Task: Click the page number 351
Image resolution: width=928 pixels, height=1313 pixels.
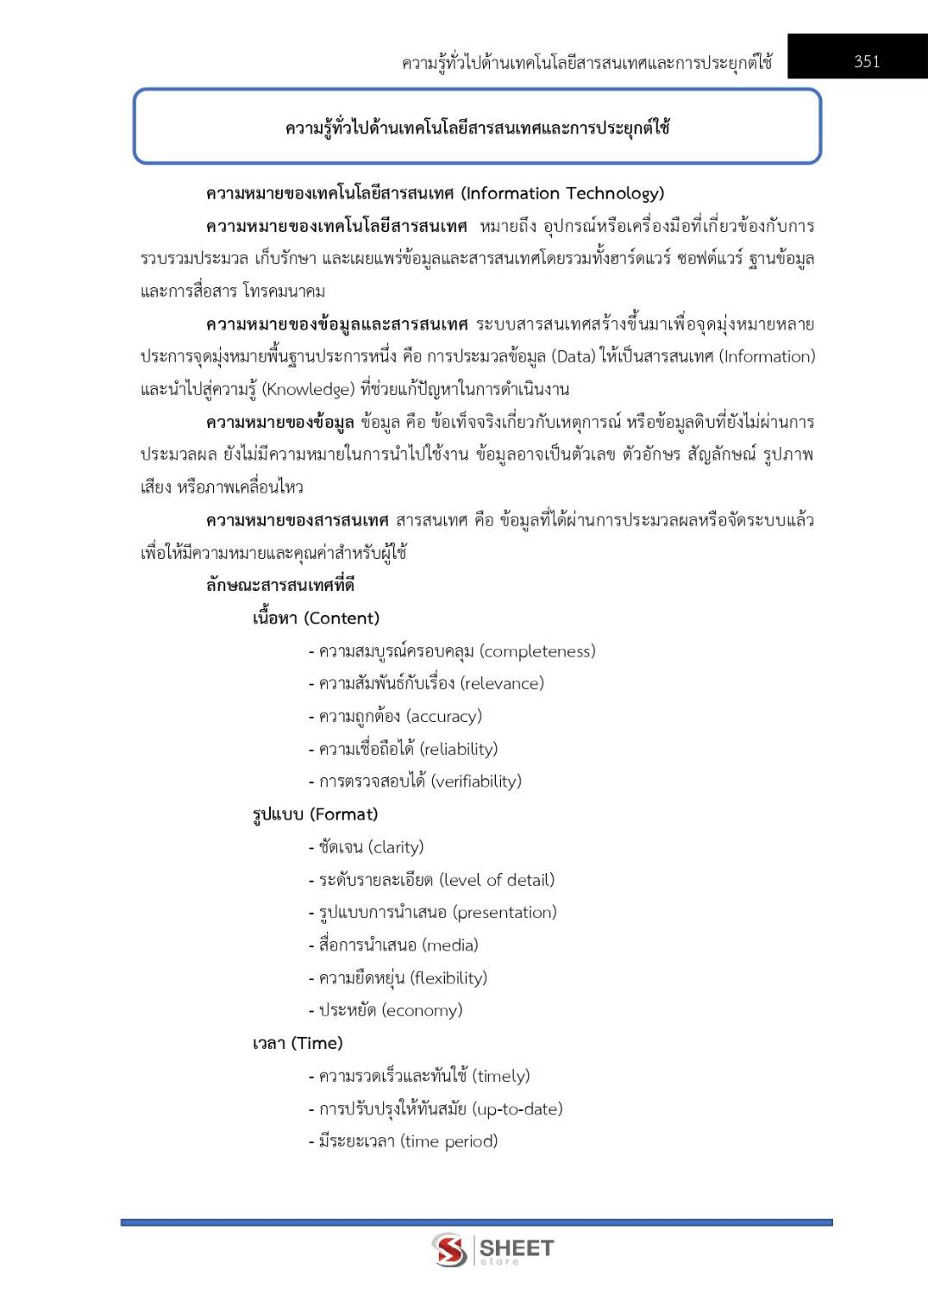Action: point(866,61)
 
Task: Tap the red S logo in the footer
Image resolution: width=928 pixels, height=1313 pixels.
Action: point(449,1249)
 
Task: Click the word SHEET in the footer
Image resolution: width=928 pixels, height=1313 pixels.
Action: point(516,1247)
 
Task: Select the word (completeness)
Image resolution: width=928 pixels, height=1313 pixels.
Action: point(537,651)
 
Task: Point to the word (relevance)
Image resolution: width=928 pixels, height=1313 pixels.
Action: point(502,684)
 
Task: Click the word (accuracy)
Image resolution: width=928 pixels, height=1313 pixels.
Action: point(443,717)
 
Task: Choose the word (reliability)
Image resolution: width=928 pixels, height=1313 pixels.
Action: point(458,749)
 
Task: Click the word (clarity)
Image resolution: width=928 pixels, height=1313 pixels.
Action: point(396,847)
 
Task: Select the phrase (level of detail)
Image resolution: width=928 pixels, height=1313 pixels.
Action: point(497,880)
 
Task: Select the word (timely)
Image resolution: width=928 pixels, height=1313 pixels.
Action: point(500,1076)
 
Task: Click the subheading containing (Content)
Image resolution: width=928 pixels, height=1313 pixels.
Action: point(316,619)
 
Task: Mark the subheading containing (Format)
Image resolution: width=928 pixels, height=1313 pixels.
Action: point(315,814)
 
